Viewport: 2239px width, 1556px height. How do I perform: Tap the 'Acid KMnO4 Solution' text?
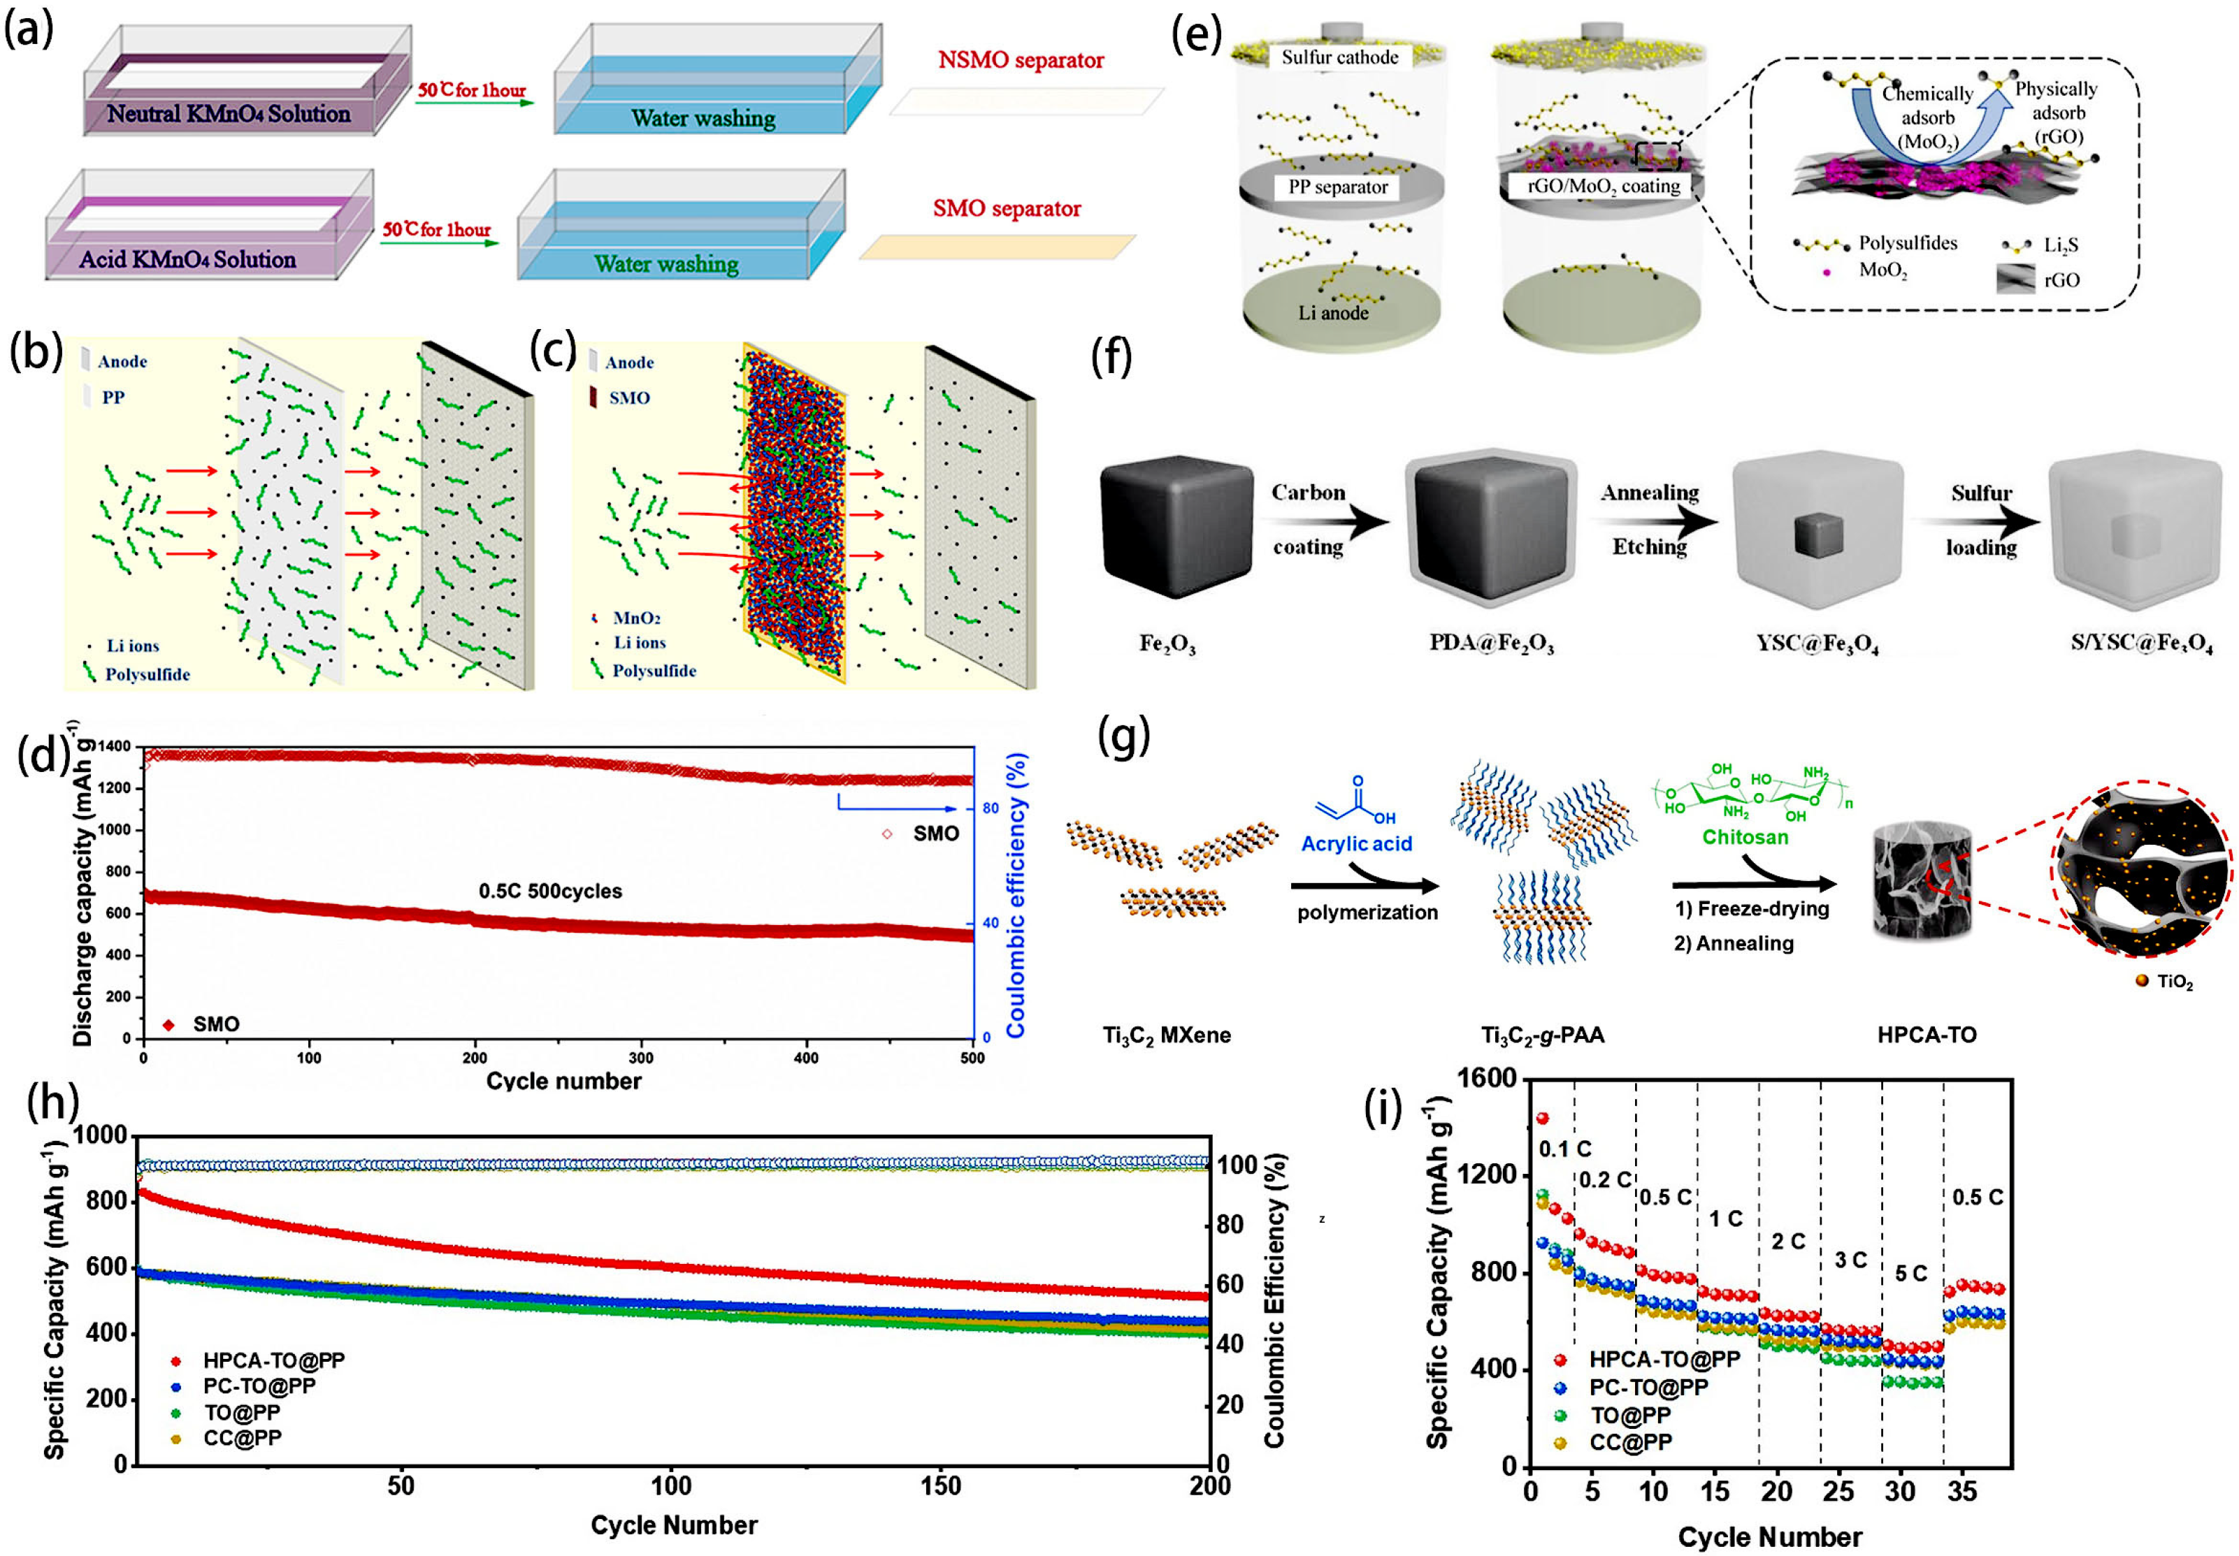[x=187, y=259]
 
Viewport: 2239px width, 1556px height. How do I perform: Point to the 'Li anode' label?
[x=1332, y=313]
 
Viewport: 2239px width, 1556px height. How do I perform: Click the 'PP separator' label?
[x=1337, y=187]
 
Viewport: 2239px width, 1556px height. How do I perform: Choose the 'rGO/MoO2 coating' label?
[x=1603, y=187]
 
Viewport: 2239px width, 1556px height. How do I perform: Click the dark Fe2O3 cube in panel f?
[x=1175, y=528]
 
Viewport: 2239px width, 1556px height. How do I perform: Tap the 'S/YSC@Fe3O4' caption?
[x=2141, y=644]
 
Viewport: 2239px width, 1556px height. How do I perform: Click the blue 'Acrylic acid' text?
[x=1355, y=843]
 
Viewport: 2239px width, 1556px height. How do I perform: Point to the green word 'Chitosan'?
[x=1745, y=836]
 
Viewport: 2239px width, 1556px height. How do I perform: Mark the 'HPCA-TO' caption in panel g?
[x=1926, y=1034]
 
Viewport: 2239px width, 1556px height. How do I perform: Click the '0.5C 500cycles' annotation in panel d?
[x=550, y=891]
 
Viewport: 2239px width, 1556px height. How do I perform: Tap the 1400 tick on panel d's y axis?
[x=113, y=747]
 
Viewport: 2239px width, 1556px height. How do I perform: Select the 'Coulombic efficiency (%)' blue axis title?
[x=1016, y=894]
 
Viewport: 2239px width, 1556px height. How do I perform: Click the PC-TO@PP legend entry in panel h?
[x=259, y=1386]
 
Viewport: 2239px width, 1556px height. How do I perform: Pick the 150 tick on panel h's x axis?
[x=940, y=1487]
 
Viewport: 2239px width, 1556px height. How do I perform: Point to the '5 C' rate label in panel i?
[x=1910, y=1273]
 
